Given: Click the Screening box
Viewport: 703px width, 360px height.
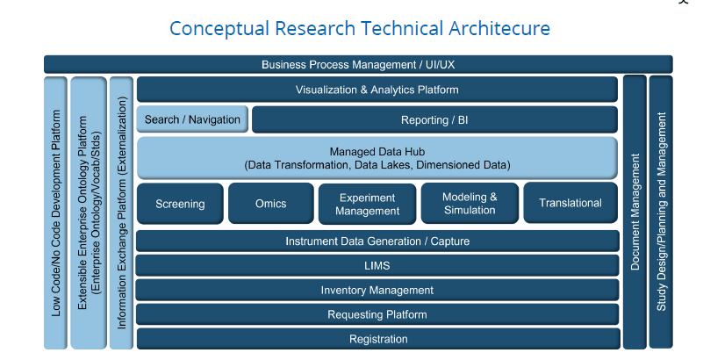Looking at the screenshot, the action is [x=180, y=204].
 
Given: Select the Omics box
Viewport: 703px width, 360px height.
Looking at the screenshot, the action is [x=271, y=203].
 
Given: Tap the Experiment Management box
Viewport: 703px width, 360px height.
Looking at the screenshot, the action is [x=367, y=204].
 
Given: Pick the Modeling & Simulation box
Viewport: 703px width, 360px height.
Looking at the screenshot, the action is [x=470, y=203].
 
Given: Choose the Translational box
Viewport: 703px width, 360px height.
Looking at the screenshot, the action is [x=570, y=203].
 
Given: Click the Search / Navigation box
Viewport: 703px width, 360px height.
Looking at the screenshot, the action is [x=192, y=119].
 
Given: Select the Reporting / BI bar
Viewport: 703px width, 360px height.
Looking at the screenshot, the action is [x=434, y=119].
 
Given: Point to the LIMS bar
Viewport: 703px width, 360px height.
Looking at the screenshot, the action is [x=377, y=265].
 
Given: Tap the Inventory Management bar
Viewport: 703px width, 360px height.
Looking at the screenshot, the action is [x=377, y=290].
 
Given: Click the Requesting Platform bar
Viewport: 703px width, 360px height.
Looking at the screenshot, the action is [x=377, y=314].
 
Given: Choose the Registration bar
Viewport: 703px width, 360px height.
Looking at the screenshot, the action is [x=378, y=339].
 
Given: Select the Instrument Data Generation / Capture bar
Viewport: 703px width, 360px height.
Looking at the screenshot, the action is [x=377, y=241].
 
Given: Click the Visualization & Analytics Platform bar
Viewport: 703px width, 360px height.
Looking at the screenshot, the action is [x=377, y=90].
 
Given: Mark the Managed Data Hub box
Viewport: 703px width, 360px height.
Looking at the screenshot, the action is [x=377, y=158].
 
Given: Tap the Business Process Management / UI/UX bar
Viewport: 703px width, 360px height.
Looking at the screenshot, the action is [x=358, y=65].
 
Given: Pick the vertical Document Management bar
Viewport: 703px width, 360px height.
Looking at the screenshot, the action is [x=635, y=212].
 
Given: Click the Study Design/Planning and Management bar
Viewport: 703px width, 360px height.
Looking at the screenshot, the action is [x=661, y=212].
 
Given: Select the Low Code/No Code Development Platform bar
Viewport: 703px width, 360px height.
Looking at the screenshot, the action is [x=55, y=213].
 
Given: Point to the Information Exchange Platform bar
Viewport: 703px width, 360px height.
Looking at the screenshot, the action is [x=121, y=213].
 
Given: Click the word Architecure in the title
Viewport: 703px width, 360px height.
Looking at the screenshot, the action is [x=499, y=28].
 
